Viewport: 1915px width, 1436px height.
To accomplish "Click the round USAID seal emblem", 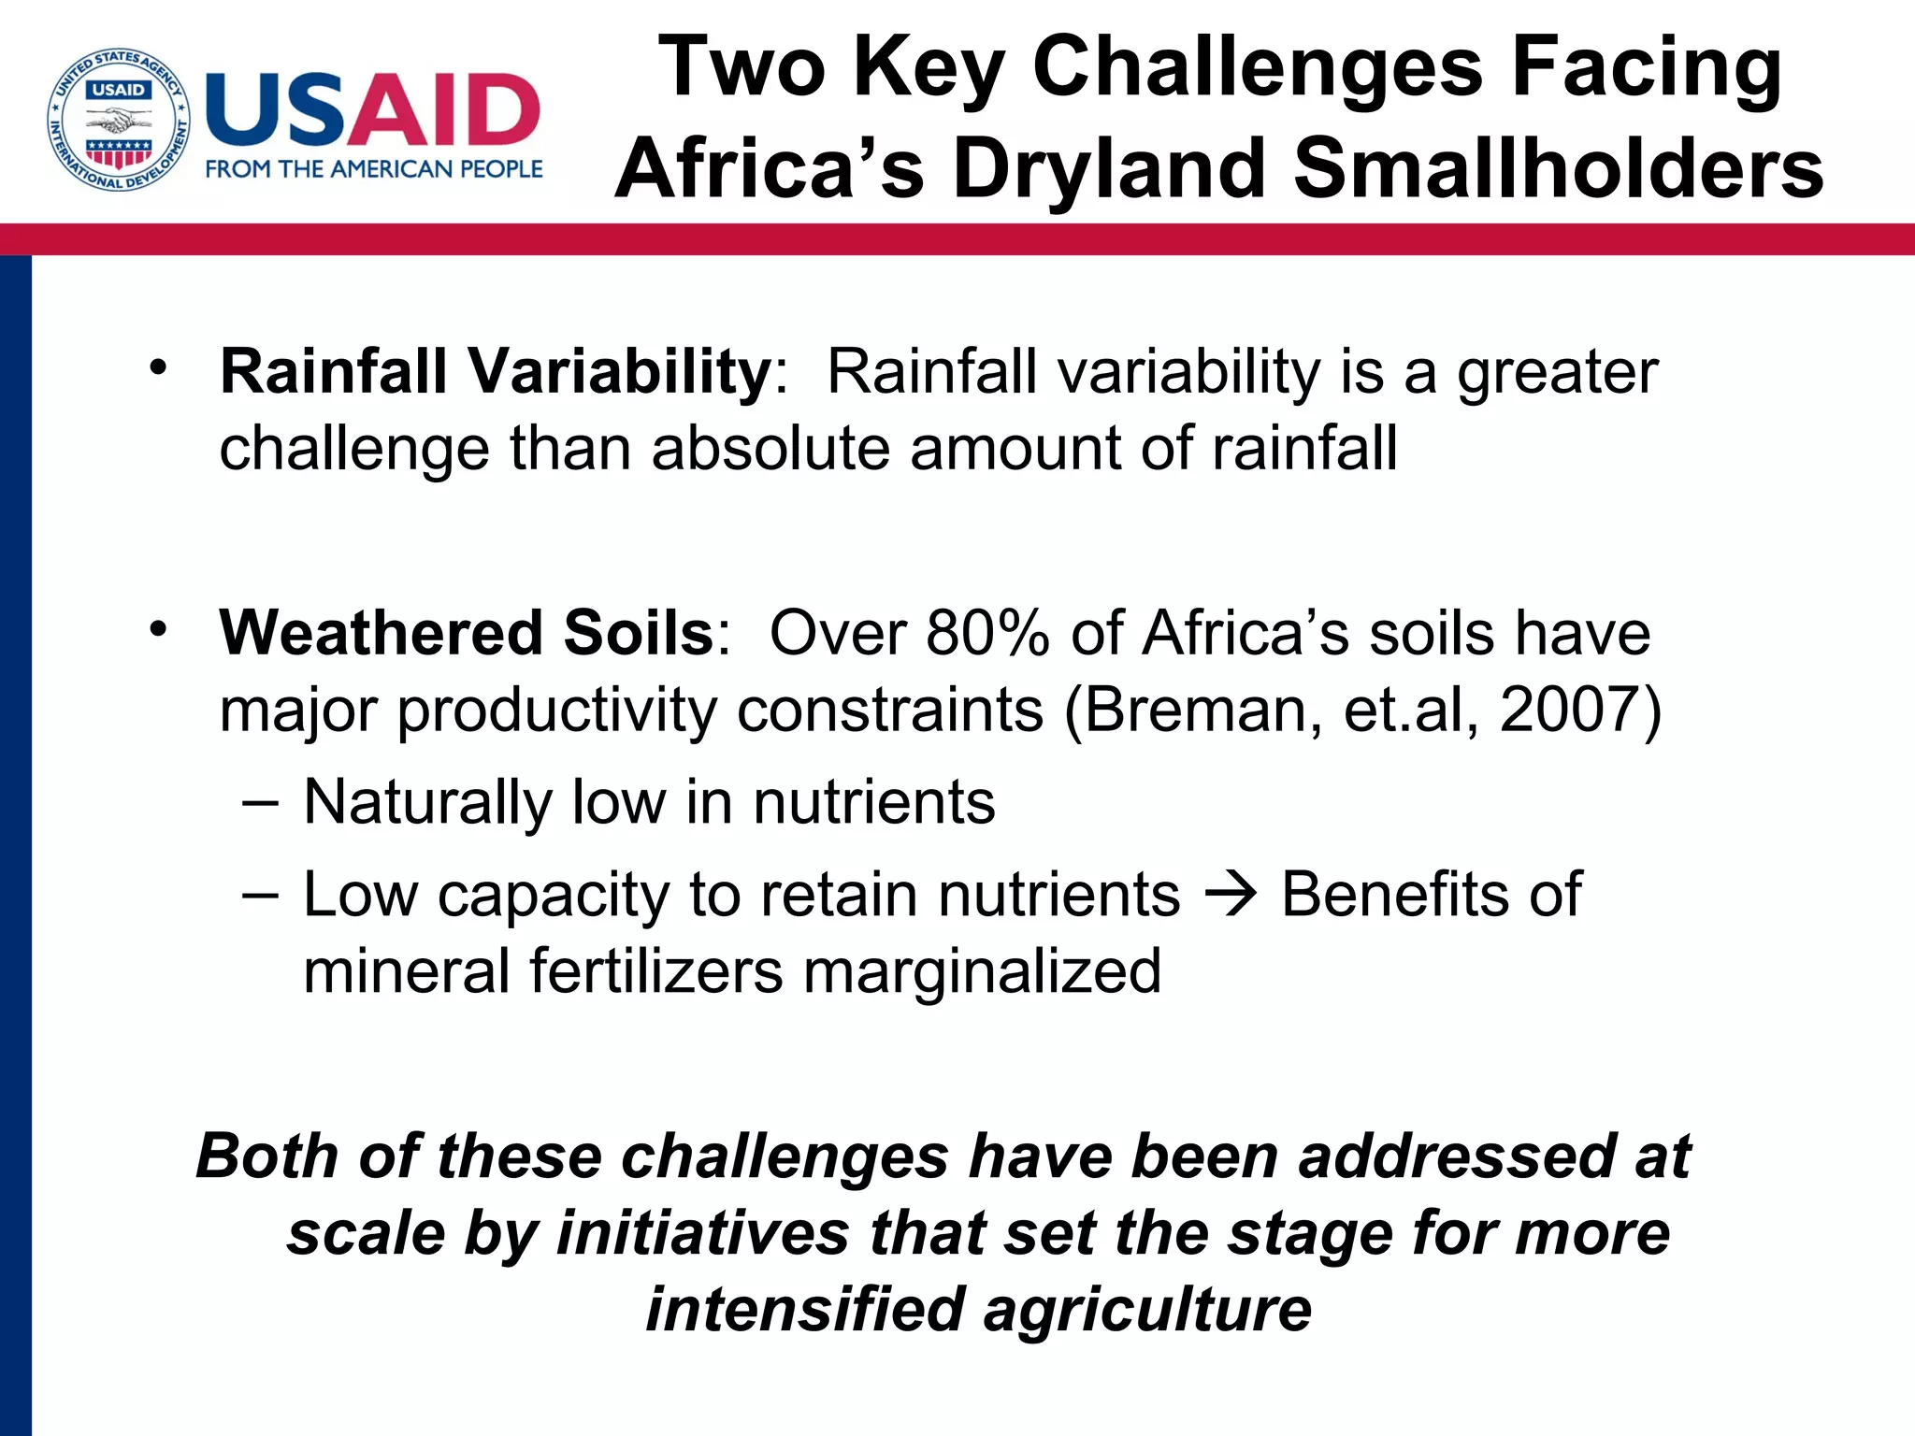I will [x=119, y=120].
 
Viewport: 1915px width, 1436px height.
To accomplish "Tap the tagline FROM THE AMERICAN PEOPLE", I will [x=373, y=169].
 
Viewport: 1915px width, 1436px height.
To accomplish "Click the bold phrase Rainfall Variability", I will [x=495, y=372].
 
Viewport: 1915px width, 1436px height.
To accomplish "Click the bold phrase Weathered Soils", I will [x=467, y=633].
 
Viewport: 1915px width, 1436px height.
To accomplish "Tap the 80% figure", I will [x=988, y=633].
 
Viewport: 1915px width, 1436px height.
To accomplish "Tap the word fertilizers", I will [x=655, y=970].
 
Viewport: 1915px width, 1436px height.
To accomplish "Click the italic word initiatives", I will [x=702, y=1233].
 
